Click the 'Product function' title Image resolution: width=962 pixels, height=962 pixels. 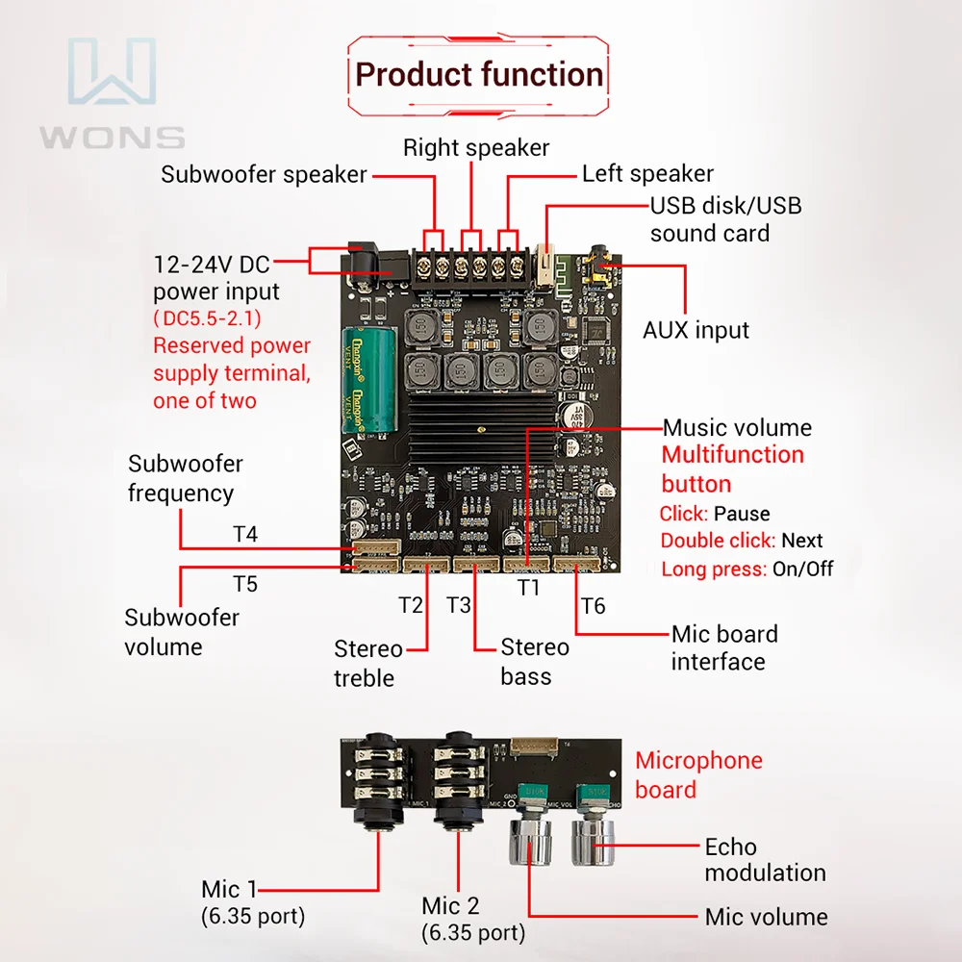pyautogui.click(x=479, y=75)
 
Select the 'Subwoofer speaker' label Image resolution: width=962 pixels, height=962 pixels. pyautogui.click(x=264, y=174)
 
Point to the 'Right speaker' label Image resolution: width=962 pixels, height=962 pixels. pyautogui.click(x=475, y=147)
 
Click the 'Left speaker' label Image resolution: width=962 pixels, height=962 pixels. pyautogui.click(x=647, y=173)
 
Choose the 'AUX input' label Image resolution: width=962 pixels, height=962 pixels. pyautogui.click(x=696, y=330)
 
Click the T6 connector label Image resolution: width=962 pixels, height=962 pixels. pyautogui.click(x=594, y=605)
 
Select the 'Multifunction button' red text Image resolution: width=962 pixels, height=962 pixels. pyautogui.click(x=732, y=468)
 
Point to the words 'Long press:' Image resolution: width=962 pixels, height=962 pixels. pyautogui.click(x=714, y=569)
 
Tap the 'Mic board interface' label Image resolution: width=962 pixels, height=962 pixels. pyautogui.click(x=723, y=647)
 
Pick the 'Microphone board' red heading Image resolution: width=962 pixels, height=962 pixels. pyautogui.click(x=698, y=775)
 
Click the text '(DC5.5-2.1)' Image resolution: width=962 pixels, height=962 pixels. pyautogui.click(x=207, y=318)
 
